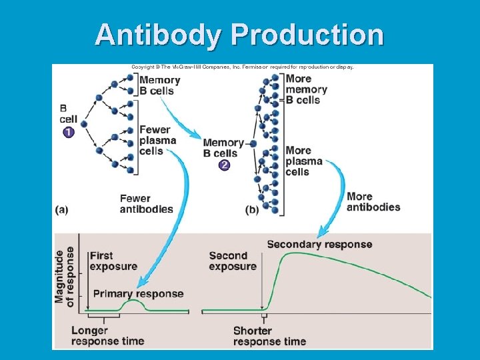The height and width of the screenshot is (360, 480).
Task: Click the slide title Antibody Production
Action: [239, 34]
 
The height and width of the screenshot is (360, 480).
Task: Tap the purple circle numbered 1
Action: [69, 132]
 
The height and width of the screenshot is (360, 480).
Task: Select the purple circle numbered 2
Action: [224, 165]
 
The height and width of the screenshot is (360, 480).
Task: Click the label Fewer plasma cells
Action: [157, 140]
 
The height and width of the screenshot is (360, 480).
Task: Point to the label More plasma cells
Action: [303, 161]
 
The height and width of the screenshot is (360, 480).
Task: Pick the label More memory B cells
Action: [306, 89]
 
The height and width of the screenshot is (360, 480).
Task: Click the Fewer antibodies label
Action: [146, 203]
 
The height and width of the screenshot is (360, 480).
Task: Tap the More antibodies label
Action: [373, 201]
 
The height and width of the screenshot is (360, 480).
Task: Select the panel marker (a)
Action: [61, 209]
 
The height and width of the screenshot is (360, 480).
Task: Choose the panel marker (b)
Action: [252, 209]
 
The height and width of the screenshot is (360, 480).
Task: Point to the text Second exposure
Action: [232, 261]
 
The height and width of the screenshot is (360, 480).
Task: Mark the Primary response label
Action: [138, 293]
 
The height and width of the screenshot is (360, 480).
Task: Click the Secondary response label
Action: [319, 244]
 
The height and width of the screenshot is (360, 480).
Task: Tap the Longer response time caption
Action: [107, 335]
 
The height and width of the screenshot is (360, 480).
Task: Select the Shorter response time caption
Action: [269, 336]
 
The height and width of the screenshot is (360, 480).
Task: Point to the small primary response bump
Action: [134, 302]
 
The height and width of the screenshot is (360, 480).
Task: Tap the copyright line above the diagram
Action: [242, 67]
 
